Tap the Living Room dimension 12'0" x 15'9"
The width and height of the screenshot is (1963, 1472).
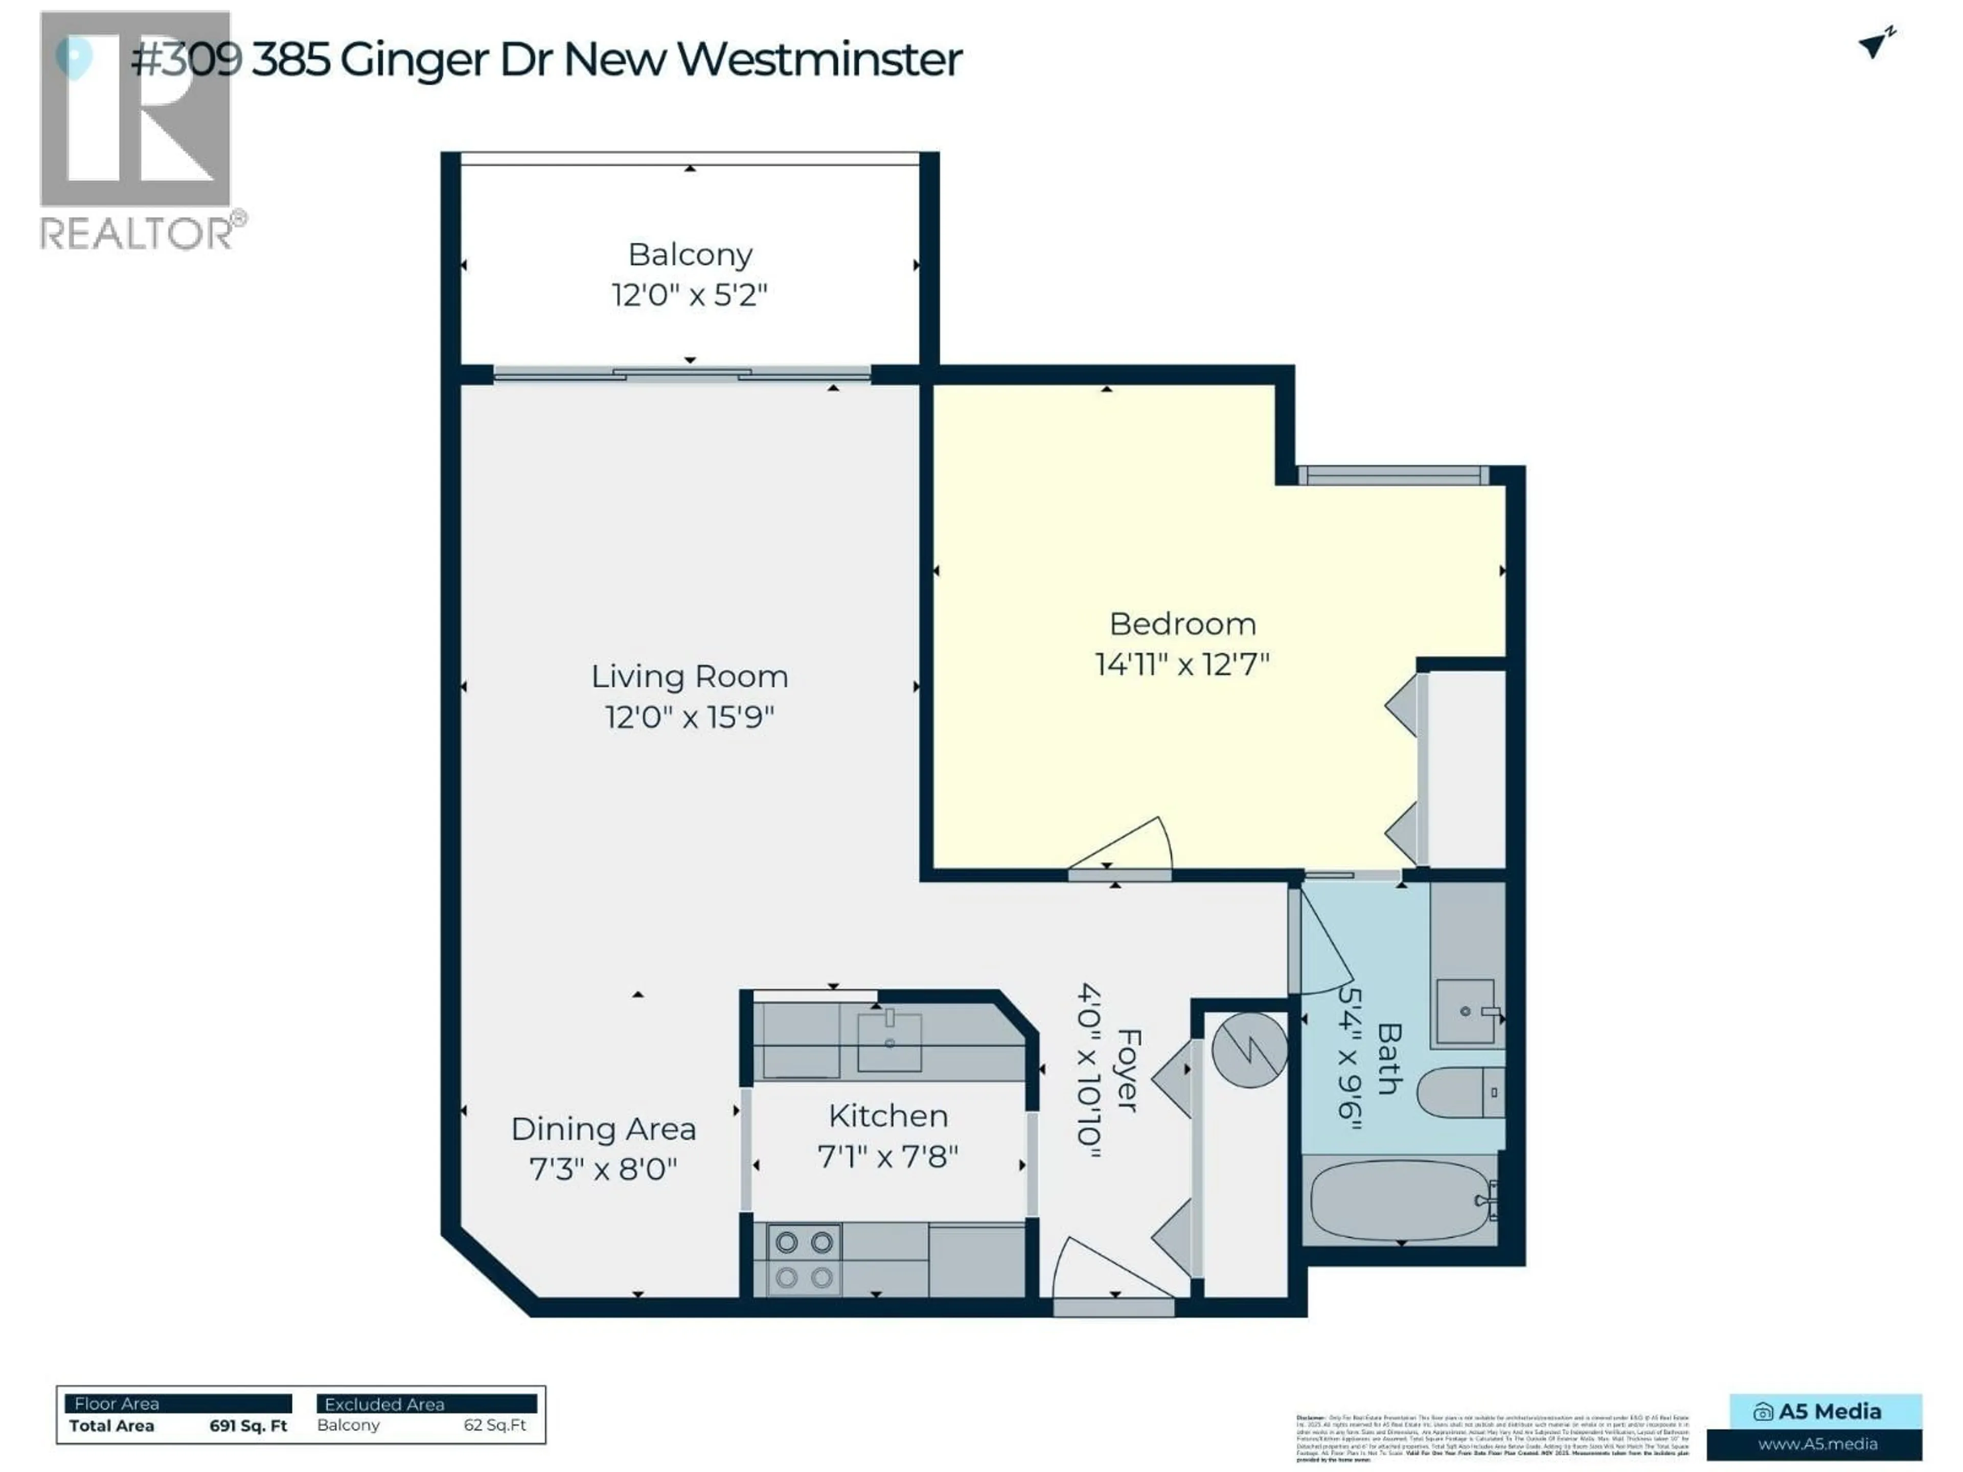(x=690, y=717)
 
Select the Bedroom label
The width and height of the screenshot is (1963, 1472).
(x=1182, y=624)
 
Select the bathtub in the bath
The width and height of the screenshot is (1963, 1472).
(x=1400, y=1199)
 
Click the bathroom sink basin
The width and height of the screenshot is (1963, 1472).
(x=1465, y=1010)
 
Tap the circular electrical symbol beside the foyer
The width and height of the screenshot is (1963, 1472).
(x=1249, y=1050)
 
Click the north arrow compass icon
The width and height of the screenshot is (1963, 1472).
(x=1875, y=42)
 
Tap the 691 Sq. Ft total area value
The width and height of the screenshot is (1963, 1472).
(x=248, y=1426)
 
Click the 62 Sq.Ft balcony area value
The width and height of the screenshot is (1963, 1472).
(x=494, y=1425)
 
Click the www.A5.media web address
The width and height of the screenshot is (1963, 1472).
(x=1817, y=1443)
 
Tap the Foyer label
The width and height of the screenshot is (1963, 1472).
(x=1128, y=1070)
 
